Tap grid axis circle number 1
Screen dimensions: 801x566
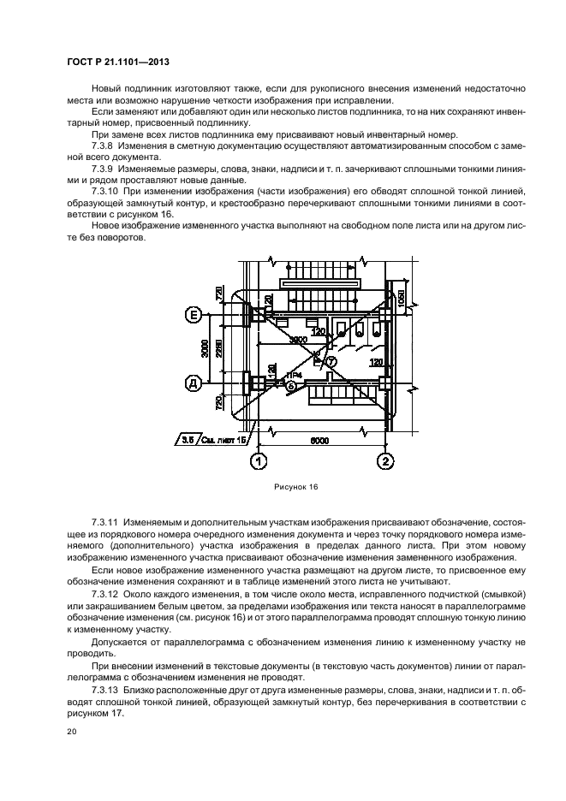pos(256,462)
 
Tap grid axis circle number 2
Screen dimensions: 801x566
pos(385,462)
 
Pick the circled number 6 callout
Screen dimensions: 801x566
pos(290,386)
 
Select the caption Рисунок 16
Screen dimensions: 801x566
pos(296,488)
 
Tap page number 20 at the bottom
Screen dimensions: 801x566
pos(72,733)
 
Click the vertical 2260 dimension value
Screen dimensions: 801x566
pos(219,351)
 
